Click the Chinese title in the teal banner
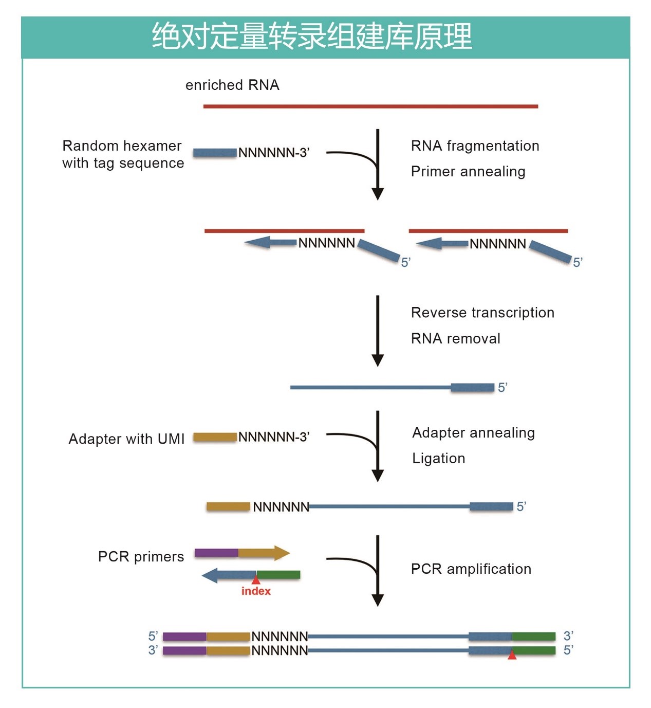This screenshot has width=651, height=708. (311, 36)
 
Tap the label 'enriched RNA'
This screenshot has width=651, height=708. (232, 85)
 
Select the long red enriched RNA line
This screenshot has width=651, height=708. (370, 106)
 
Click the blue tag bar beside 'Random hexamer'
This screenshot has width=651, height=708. (215, 153)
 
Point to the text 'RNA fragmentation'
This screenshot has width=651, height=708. (475, 146)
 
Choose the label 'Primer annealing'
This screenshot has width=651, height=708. (468, 171)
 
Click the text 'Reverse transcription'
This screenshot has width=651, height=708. (482, 313)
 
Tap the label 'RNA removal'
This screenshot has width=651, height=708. (455, 338)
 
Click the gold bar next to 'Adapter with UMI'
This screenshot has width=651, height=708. (215, 438)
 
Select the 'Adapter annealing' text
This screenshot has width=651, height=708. (473, 433)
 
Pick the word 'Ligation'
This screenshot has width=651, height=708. (438, 458)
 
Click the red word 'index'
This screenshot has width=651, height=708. (256, 591)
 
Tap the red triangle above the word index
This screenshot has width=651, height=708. (256, 580)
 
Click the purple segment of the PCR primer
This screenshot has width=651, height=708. (216, 553)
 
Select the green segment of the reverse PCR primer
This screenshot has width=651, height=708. (278, 575)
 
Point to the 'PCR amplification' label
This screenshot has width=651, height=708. (471, 569)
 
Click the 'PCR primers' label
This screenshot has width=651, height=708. (141, 557)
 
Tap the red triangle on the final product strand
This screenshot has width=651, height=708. (512, 655)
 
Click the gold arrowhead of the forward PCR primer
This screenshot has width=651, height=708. (282, 553)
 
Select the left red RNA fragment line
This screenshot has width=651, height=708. (284, 231)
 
